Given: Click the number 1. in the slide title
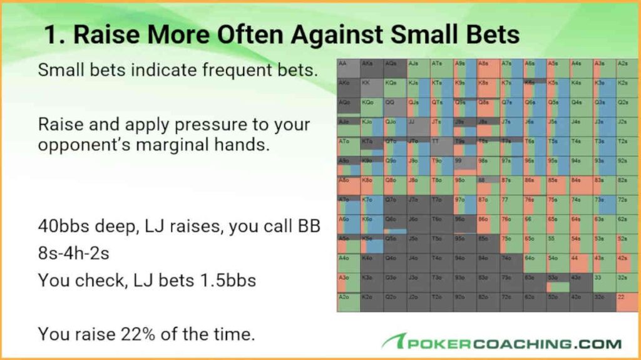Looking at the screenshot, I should (54, 35).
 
